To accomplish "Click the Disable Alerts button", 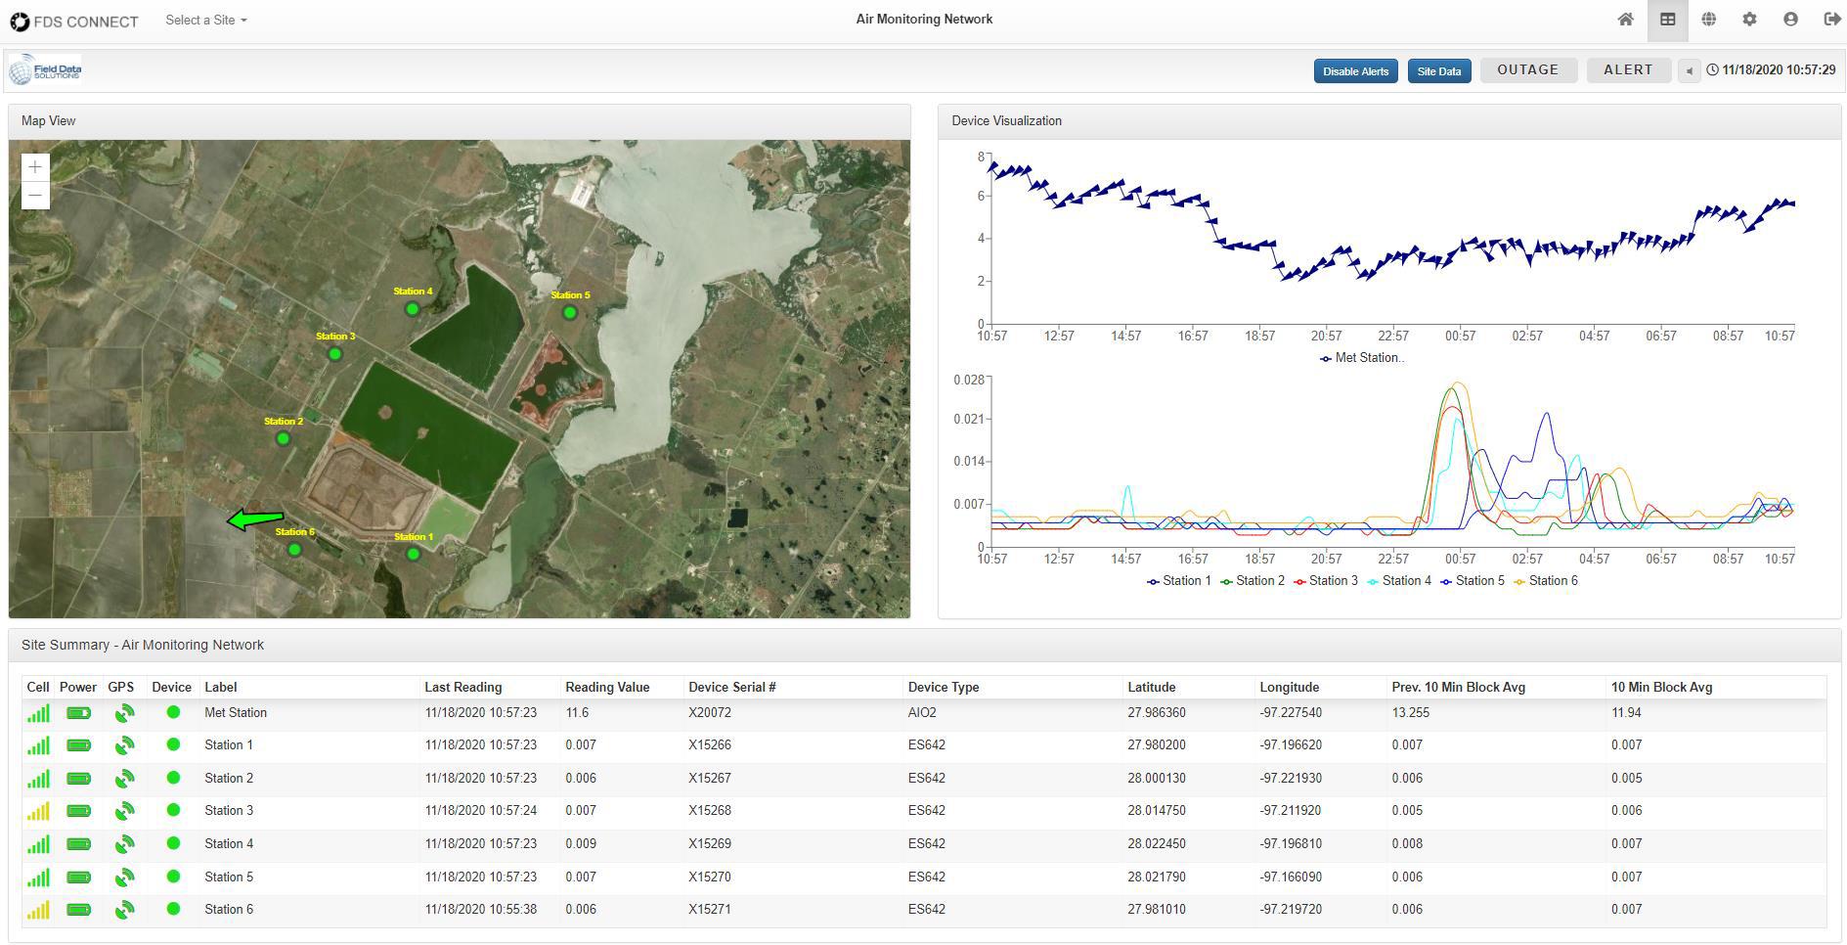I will click(x=1355, y=71).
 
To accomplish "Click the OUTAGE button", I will click(x=1527, y=70).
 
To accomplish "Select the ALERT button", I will click(x=1628, y=70).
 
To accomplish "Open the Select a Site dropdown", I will click(x=205, y=20).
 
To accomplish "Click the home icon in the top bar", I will click(x=1625, y=20).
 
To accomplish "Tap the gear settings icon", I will click(x=1749, y=20).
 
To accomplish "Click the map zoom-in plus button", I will click(x=35, y=167).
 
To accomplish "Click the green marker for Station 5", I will click(x=570, y=313).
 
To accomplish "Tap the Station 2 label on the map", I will click(x=284, y=422).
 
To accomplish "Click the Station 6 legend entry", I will click(x=1546, y=581).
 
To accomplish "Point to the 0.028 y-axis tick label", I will click(x=969, y=380).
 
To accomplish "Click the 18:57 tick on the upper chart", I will click(x=1259, y=336).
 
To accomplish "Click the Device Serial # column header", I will click(x=732, y=687).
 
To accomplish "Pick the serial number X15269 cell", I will click(x=710, y=843).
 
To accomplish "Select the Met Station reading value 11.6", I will click(x=577, y=712).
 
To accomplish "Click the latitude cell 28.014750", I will click(x=1157, y=810).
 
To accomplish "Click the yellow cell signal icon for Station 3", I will click(x=38, y=811).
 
